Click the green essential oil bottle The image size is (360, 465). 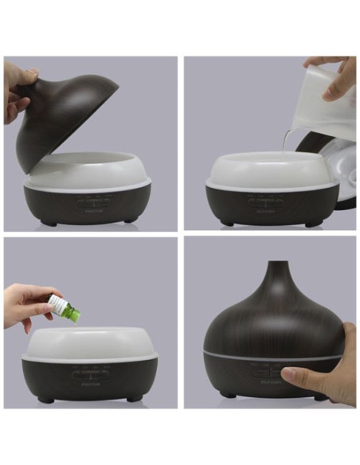(65, 311)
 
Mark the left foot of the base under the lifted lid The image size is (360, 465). (49, 223)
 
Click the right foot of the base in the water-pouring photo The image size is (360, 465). (312, 223)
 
